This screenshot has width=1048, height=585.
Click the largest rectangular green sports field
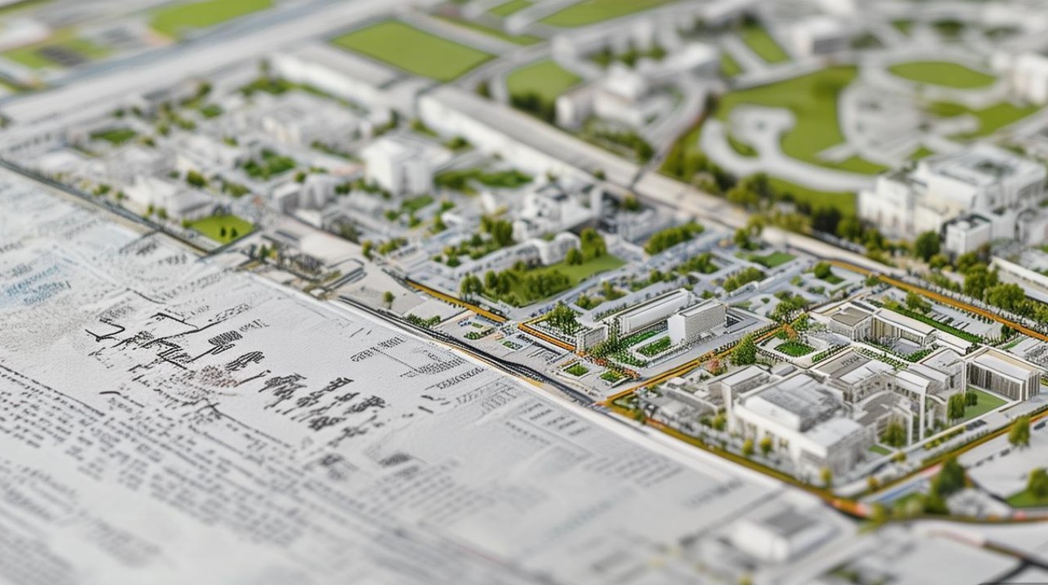tap(412, 49)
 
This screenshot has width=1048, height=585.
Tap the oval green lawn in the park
tap(941, 74)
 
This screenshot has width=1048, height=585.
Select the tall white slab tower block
tap(696, 321)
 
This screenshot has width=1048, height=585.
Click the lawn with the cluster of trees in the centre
tap(546, 277)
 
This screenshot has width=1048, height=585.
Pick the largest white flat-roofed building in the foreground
tap(795, 421)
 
